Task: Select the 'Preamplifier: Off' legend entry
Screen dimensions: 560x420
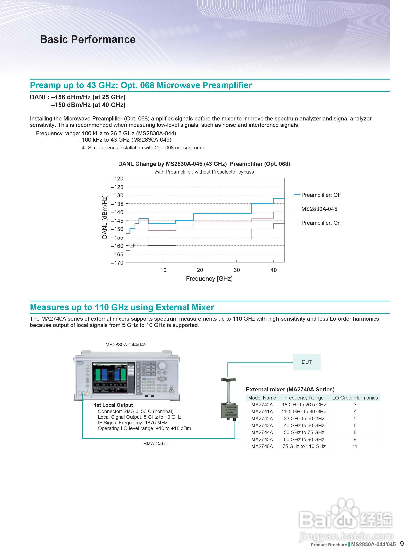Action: tap(321, 195)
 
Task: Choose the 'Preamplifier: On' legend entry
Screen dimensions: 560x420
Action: tap(321, 223)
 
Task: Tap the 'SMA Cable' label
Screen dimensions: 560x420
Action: tap(156, 444)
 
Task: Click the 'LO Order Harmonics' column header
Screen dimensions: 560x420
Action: tap(355, 398)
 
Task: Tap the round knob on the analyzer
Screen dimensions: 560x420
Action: tap(162, 366)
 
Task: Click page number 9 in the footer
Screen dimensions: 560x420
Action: tap(402, 544)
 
